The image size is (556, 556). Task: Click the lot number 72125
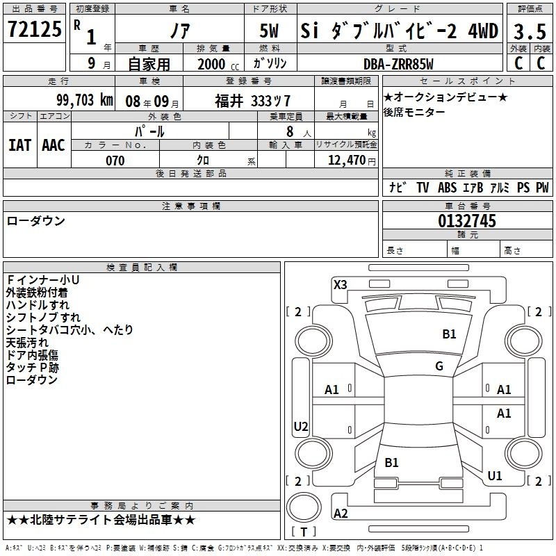[x=34, y=29]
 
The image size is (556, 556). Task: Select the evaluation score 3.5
[x=530, y=31]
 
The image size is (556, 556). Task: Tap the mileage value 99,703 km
[x=85, y=100]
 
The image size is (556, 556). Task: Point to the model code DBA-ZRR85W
[x=398, y=64]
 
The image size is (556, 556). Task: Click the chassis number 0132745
[x=467, y=221]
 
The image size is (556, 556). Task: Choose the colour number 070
[x=115, y=161]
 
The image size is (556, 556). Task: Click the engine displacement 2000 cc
[x=218, y=64]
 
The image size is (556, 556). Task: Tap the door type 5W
[x=269, y=31]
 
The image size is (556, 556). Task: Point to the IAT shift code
[x=20, y=145]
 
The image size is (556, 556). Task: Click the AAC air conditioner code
[x=54, y=145]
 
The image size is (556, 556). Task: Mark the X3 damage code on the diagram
[x=340, y=285]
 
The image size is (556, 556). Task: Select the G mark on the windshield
[x=439, y=366]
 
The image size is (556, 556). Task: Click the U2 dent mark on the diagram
[x=301, y=426]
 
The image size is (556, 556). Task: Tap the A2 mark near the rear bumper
[x=341, y=513]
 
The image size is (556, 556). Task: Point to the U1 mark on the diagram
[x=495, y=476]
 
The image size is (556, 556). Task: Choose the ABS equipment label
[x=447, y=188]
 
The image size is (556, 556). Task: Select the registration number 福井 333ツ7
[x=252, y=101]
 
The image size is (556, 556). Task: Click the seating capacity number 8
[x=290, y=131]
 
